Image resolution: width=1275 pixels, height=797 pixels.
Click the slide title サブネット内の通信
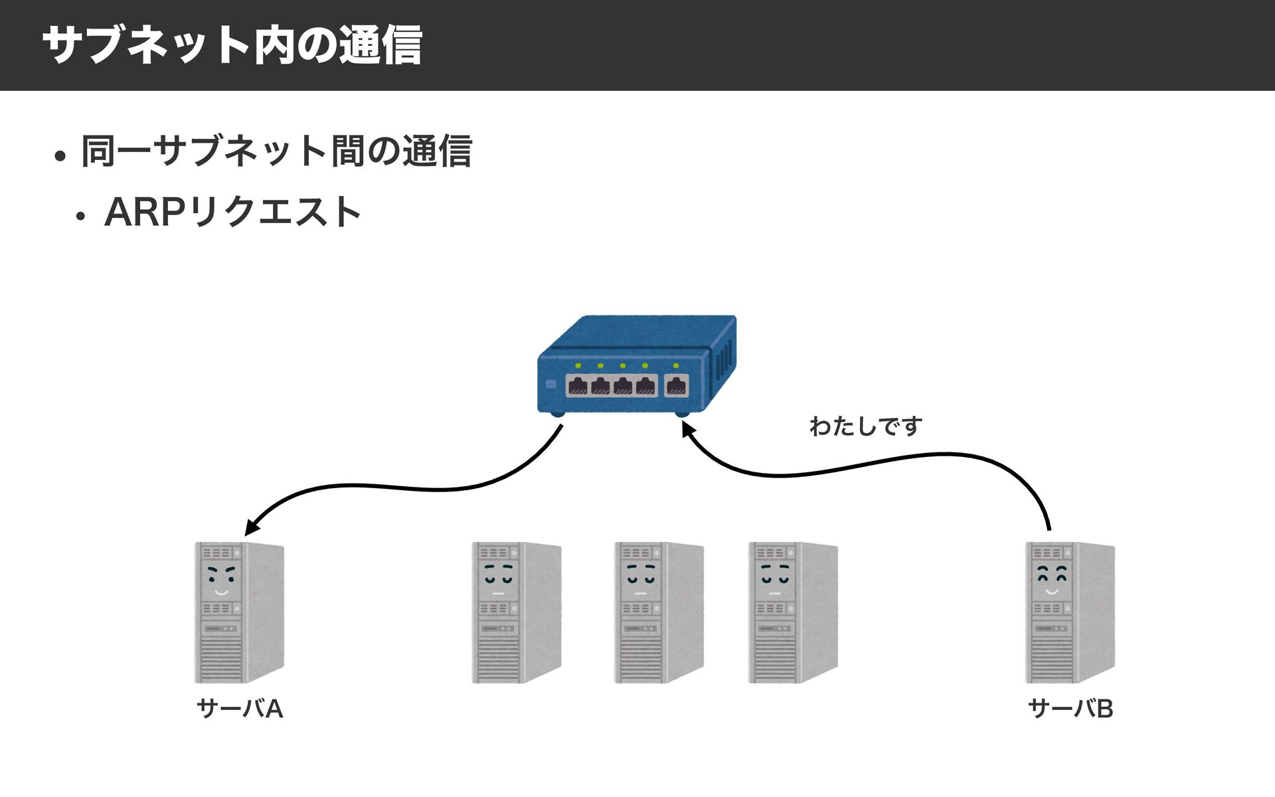point(232,45)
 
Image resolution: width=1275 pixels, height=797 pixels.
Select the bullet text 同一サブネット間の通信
point(276,151)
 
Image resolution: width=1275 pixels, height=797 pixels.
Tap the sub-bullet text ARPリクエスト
point(232,212)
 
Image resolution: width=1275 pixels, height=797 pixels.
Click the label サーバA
point(240,709)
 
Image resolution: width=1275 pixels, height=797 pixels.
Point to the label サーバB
point(1070,709)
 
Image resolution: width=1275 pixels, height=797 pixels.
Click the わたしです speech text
point(866,426)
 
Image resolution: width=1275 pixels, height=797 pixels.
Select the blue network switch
point(637,366)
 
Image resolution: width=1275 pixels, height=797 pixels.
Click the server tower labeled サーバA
point(239,612)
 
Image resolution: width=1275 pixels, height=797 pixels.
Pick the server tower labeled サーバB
point(1070,612)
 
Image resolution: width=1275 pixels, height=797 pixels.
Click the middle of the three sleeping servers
point(659,612)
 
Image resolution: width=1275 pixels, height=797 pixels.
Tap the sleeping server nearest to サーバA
point(517,612)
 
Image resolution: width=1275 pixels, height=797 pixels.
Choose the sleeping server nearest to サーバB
point(793,612)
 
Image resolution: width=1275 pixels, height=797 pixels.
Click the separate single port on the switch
point(676,385)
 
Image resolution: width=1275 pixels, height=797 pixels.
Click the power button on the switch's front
point(551,384)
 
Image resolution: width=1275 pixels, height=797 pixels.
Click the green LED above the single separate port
point(676,365)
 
